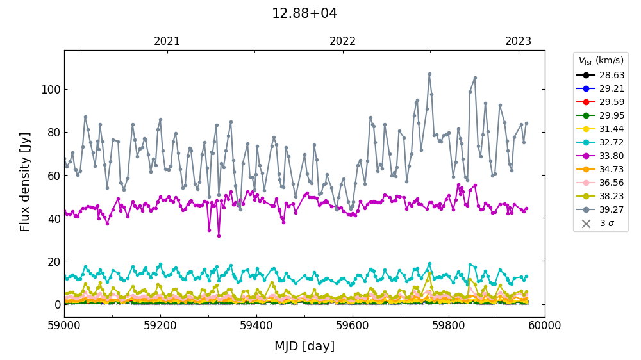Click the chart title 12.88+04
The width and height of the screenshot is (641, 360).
304,13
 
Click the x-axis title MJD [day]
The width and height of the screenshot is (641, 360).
304,347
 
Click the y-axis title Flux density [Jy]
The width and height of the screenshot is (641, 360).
25,182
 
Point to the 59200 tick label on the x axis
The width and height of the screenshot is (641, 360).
160,325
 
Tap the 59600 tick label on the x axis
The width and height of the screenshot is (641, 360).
353,325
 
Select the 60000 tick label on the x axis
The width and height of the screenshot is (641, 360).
545,325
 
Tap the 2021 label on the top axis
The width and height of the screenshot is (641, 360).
167,42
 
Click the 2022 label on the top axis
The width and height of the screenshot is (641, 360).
342,42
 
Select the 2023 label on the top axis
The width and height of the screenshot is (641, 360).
518,42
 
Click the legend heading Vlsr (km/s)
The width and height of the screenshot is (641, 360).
601,61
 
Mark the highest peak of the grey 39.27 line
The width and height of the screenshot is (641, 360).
429,74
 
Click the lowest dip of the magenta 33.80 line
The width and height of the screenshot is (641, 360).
219,236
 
